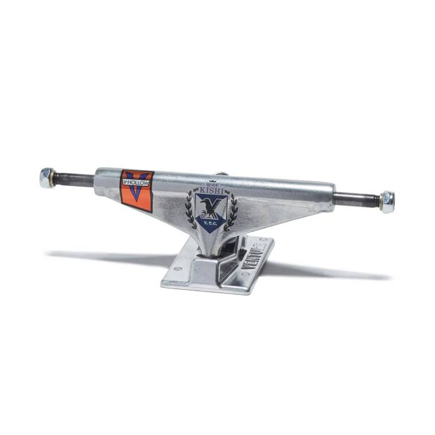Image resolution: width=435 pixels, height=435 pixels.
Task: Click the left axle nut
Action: pyautogui.click(x=46, y=178)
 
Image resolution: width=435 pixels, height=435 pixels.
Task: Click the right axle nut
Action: pyautogui.click(x=387, y=202)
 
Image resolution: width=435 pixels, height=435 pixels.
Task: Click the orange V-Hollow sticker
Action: pyautogui.click(x=137, y=190)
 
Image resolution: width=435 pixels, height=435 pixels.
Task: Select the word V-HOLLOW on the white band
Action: pyautogui.click(x=136, y=183)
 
